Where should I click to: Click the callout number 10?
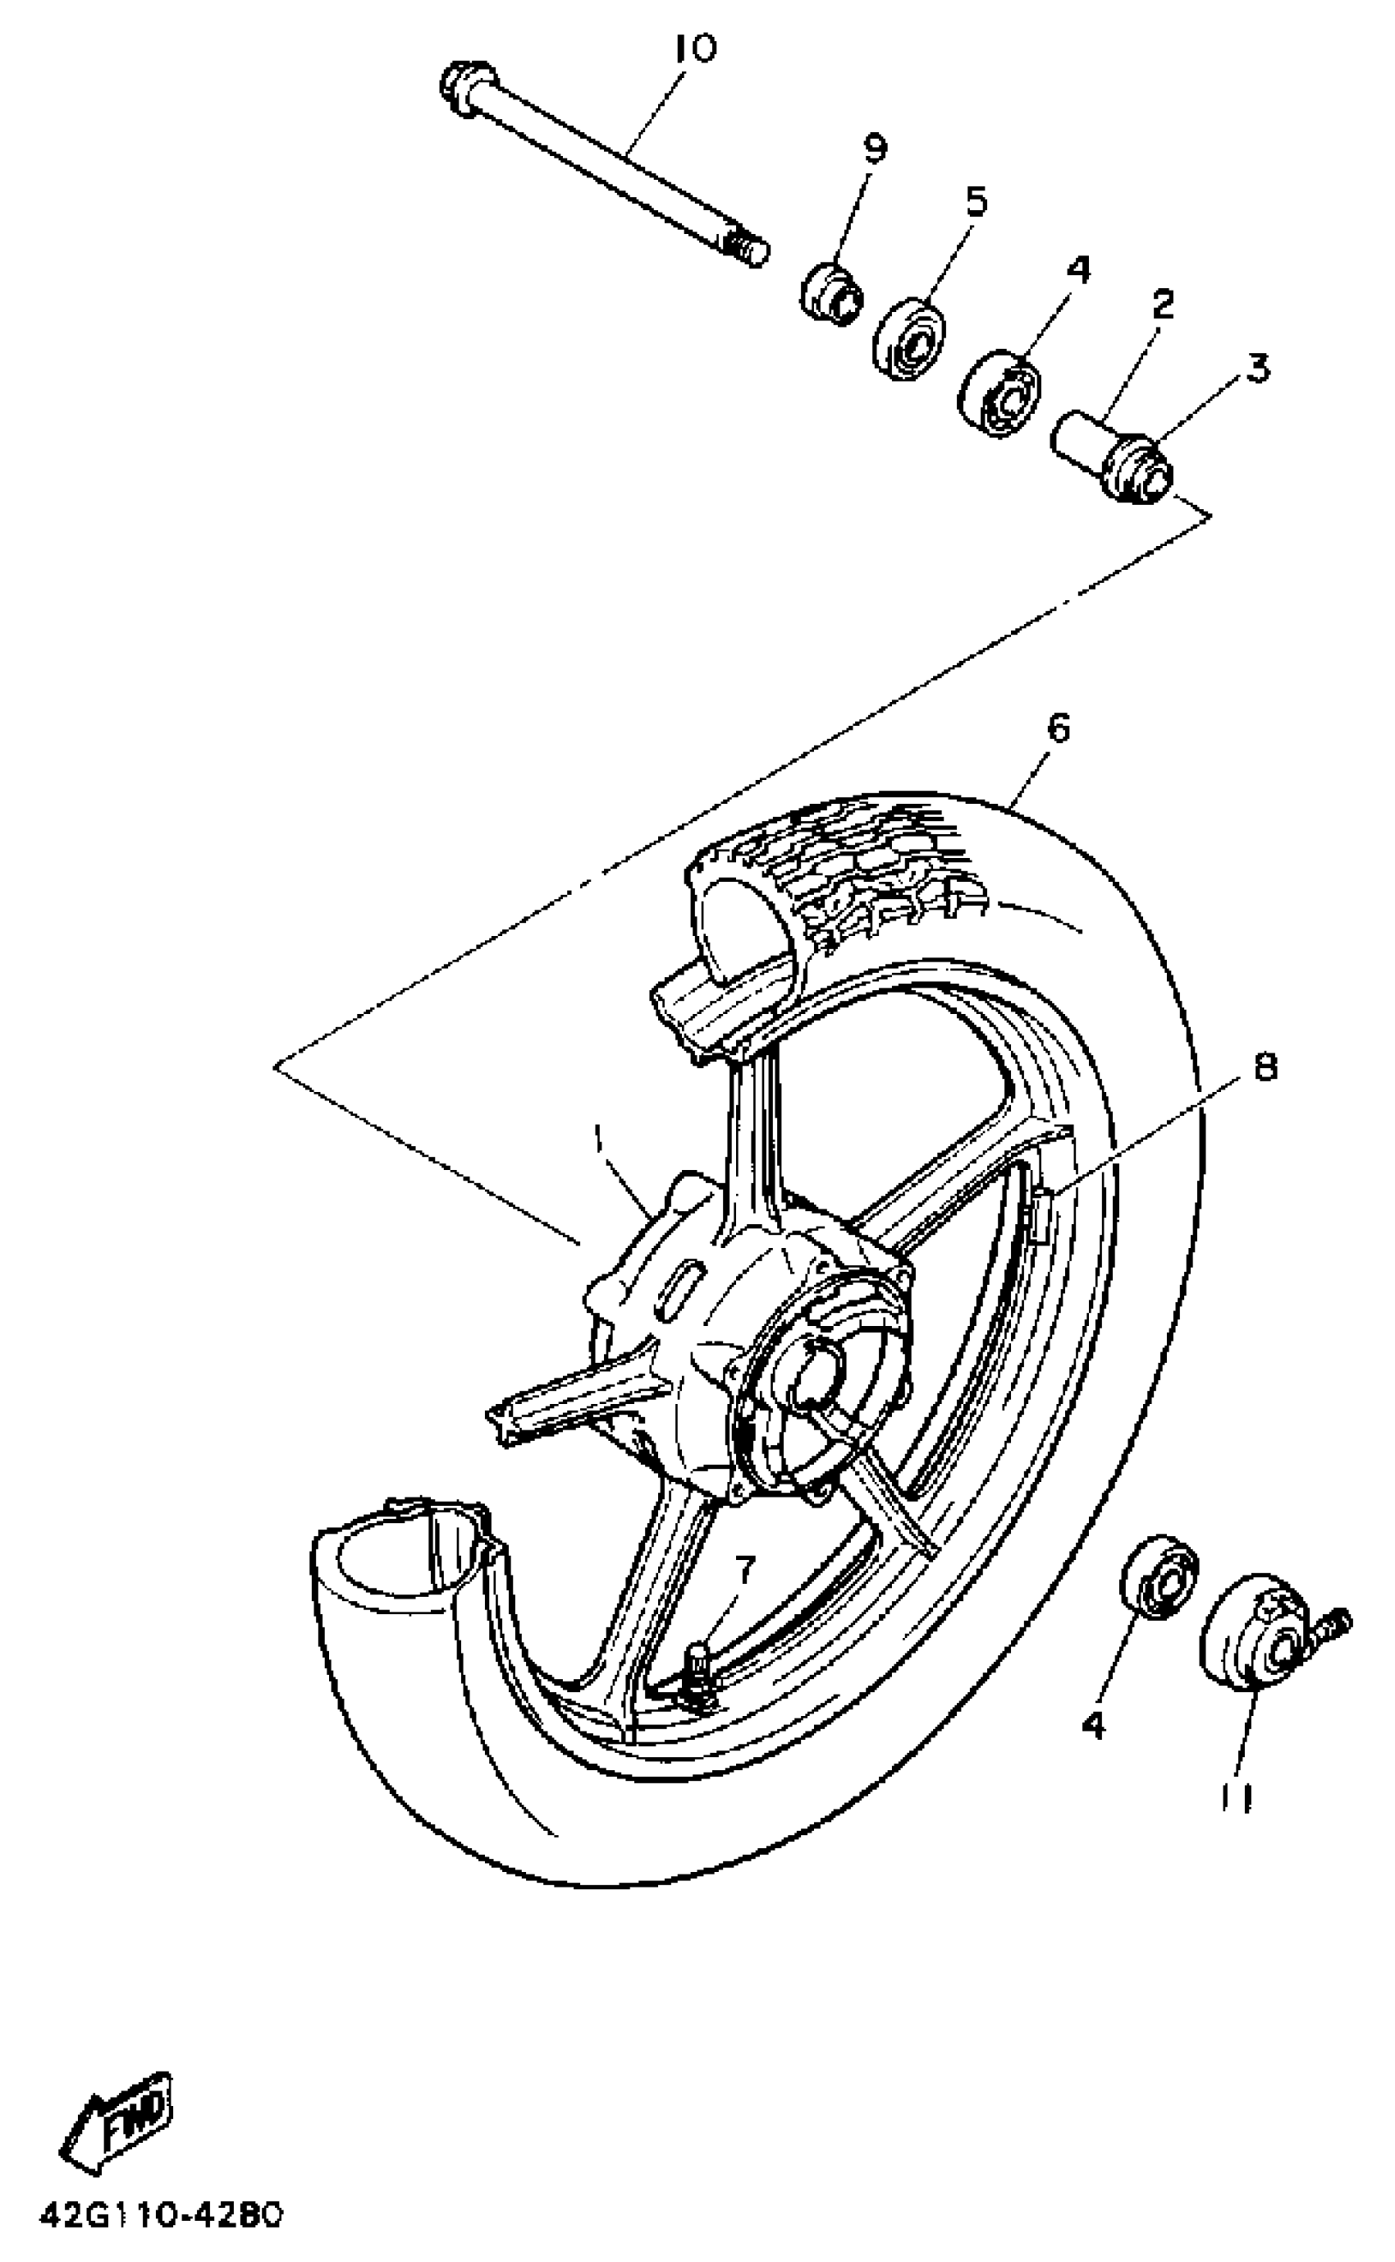694,50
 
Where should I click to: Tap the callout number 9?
874,147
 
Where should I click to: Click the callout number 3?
1256,367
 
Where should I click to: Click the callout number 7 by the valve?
744,1566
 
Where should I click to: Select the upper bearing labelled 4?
1000,393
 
